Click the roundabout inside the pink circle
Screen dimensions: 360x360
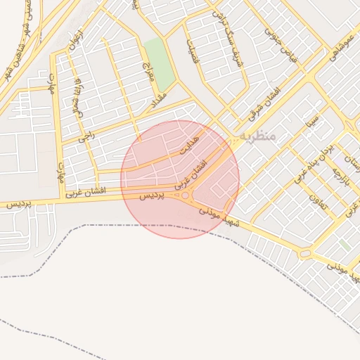pyautogui.click(x=185, y=195)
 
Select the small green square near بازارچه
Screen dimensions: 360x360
pyautogui.click(x=345, y=245)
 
